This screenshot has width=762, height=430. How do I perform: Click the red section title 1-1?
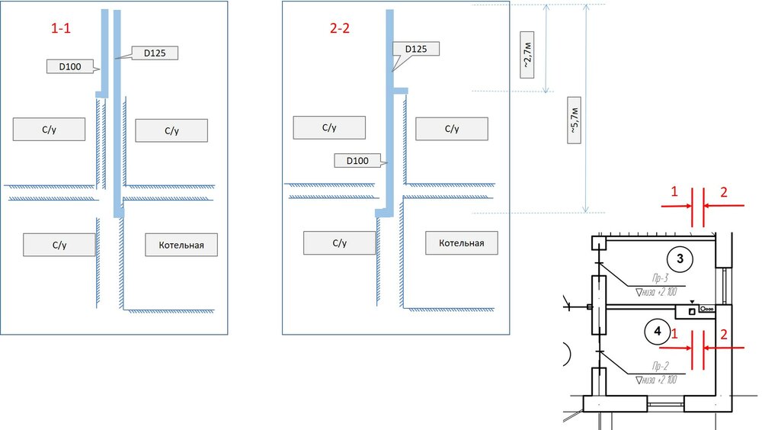click(61, 28)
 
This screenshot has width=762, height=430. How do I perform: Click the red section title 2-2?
click(340, 28)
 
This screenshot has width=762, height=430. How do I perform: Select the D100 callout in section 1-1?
click(70, 66)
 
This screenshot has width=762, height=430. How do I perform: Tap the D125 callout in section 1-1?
click(155, 53)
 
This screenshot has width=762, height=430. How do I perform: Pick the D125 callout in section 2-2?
click(416, 49)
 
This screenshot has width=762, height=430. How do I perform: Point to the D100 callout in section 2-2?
click(357, 161)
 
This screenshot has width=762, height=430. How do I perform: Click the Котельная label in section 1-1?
click(181, 245)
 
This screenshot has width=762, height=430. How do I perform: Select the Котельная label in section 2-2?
click(462, 242)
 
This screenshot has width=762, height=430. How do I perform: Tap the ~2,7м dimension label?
click(527, 55)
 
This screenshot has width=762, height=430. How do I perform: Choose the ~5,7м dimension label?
click(574, 120)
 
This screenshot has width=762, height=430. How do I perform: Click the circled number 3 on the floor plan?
click(680, 258)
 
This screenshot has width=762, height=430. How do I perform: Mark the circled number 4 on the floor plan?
click(657, 331)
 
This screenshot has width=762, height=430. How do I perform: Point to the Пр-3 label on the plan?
click(660, 278)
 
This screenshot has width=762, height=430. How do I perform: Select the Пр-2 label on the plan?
click(660, 366)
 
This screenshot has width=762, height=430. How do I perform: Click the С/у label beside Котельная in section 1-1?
click(59, 245)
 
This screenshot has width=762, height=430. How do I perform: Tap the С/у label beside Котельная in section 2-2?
click(340, 242)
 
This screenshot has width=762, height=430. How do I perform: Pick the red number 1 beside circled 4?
click(674, 334)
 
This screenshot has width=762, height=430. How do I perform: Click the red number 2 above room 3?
click(724, 192)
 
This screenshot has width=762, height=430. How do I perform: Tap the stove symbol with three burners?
click(706, 309)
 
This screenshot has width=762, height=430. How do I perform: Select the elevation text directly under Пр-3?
click(656, 292)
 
